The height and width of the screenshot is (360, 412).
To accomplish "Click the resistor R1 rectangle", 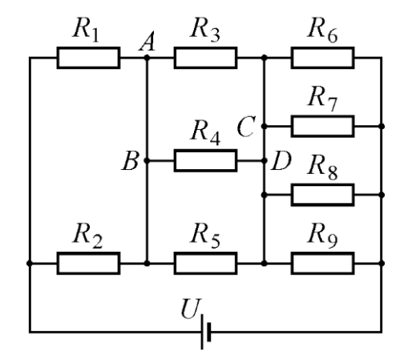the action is click(x=88, y=58).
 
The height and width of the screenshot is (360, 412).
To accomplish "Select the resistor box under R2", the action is click(x=88, y=263).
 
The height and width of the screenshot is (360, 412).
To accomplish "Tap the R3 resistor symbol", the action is click(x=205, y=58).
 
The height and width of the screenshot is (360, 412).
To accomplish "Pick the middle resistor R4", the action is click(x=205, y=160).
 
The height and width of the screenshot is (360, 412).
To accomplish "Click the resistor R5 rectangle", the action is click(x=205, y=263).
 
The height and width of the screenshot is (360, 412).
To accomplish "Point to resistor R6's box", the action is click(x=323, y=58).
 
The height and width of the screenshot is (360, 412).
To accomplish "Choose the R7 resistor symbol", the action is click(x=323, y=126).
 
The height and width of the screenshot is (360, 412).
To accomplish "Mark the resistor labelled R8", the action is click(x=323, y=195).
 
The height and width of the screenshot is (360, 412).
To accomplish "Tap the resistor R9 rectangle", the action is click(x=323, y=263).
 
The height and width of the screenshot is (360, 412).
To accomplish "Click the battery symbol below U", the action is click(x=206, y=332).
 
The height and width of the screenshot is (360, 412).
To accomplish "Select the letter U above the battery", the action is click(x=191, y=308).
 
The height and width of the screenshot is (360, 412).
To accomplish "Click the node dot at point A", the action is click(x=147, y=58).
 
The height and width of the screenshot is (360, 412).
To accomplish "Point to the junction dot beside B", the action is click(x=147, y=160).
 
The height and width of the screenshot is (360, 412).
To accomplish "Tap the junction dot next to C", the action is click(x=264, y=126).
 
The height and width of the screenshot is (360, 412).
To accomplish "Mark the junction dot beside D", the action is click(x=264, y=160).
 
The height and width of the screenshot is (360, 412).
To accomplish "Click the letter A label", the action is click(x=147, y=42).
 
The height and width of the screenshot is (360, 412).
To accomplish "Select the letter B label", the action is click(x=131, y=160).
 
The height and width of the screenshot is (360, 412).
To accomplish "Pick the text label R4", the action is click(x=205, y=132).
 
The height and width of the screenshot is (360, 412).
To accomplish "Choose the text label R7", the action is click(x=322, y=98).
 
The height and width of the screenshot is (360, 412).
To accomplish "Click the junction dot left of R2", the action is click(x=30, y=263).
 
